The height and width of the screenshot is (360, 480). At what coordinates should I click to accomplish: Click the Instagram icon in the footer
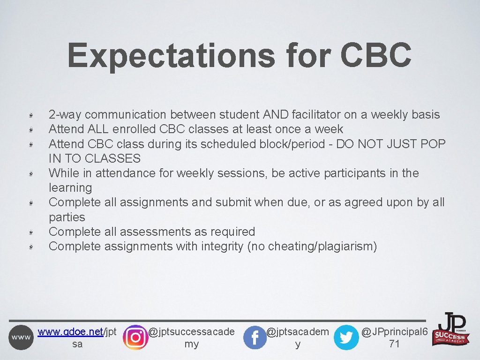(135, 337)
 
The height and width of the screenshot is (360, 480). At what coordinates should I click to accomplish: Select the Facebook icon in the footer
(255, 337)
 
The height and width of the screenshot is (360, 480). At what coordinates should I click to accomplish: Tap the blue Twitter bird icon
(346, 337)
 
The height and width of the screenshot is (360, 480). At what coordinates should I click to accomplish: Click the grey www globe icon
(21, 337)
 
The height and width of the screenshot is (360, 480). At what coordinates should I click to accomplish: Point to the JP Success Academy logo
(452, 329)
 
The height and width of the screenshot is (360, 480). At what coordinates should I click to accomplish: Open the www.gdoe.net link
(70, 332)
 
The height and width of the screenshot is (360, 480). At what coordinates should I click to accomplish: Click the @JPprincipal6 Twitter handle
(394, 332)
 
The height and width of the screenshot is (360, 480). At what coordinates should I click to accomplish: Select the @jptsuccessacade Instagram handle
(191, 332)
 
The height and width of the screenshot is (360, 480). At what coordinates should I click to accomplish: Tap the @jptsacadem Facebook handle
(298, 332)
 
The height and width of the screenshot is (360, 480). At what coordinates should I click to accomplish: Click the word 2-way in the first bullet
(65, 115)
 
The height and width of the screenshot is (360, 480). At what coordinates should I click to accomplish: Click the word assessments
(154, 232)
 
